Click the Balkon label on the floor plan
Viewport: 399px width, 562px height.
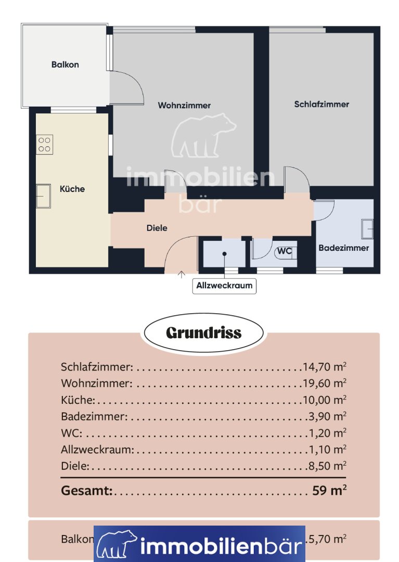coord(65,65)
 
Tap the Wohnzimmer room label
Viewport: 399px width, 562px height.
coord(184,105)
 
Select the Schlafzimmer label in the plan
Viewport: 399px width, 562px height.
coord(321,104)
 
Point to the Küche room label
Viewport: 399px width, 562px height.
coord(72,189)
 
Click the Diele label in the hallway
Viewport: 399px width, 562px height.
coord(157,228)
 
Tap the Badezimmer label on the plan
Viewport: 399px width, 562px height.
coord(343,248)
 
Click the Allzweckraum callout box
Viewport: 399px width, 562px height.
coord(224,286)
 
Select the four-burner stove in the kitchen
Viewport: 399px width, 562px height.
coord(44,145)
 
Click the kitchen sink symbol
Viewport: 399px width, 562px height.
coord(43,196)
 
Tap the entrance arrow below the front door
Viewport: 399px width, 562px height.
coord(182,275)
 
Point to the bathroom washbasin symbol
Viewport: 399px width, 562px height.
coord(367,229)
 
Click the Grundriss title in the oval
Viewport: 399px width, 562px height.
coord(204,333)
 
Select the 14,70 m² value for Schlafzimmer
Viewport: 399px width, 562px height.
coord(325,367)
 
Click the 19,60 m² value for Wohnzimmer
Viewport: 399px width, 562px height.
coord(325,383)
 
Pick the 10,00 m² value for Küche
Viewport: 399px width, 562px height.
coord(325,400)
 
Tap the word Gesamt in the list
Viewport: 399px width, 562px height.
coord(87,490)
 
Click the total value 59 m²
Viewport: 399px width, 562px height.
coord(329,490)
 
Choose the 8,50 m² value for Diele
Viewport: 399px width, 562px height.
coord(327,466)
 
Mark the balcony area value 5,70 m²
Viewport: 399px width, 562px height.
coord(327,539)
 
